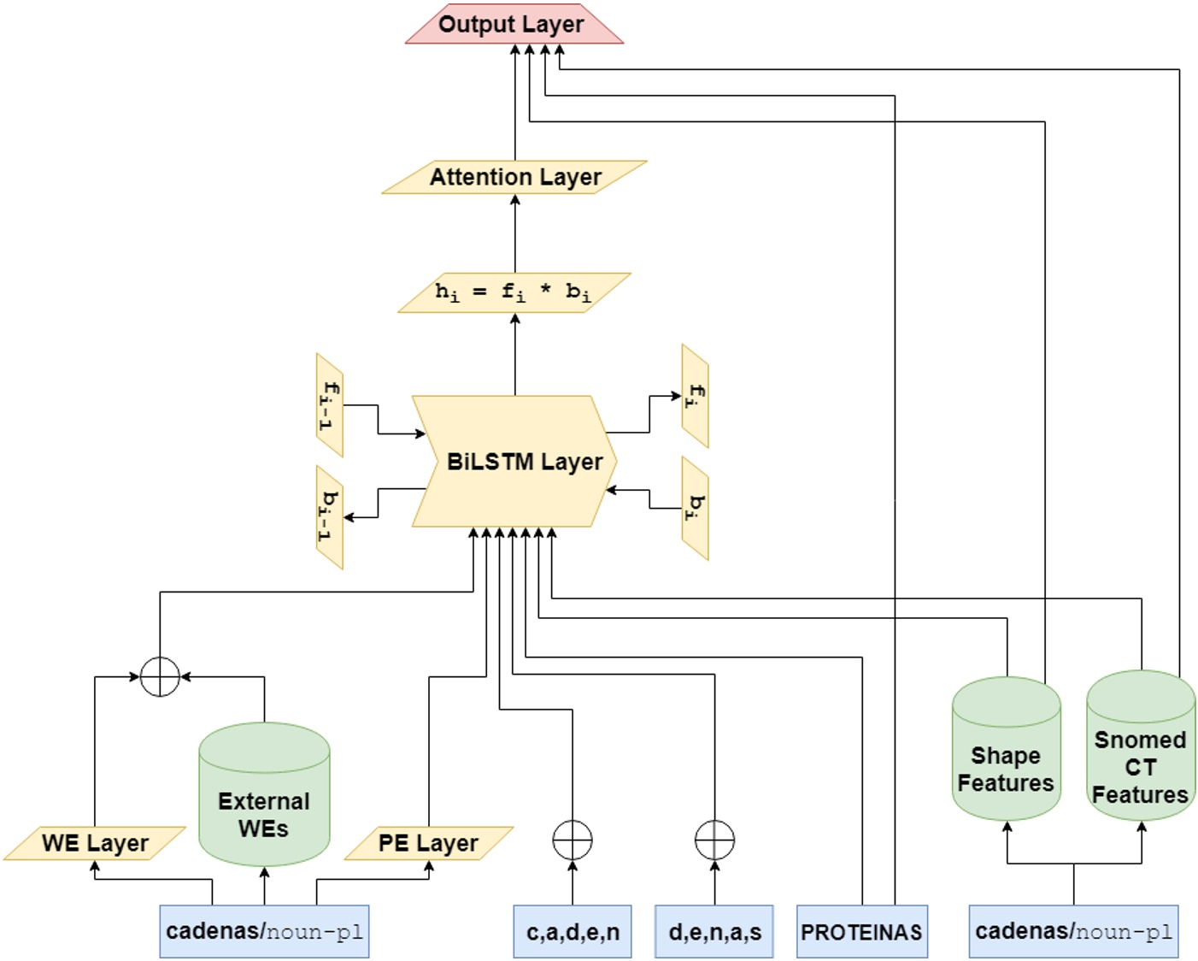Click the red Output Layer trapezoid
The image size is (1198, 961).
tap(513, 24)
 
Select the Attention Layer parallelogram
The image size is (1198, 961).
tap(514, 177)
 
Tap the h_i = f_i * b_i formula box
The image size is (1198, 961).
tap(514, 292)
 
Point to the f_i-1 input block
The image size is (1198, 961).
tap(330, 405)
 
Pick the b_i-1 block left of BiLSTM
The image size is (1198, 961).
tap(330, 517)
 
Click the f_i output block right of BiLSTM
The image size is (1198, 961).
tap(695, 396)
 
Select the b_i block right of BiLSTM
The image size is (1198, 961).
tap(695, 508)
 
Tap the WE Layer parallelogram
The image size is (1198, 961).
tap(95, 843)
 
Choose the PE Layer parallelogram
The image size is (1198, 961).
tap(429, 843)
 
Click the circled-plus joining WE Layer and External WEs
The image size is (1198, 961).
tap(160, 677)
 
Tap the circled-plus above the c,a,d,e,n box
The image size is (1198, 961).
tap(573, 840)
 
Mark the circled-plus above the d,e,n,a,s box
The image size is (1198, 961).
tap(715, 840)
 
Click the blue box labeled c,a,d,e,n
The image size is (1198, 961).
tap(573, 932)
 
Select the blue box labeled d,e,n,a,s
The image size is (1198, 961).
tap(714, 932)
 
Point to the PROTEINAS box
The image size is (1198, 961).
tap(861, 932)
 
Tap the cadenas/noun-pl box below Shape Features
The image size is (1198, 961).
tap(1073, 932)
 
